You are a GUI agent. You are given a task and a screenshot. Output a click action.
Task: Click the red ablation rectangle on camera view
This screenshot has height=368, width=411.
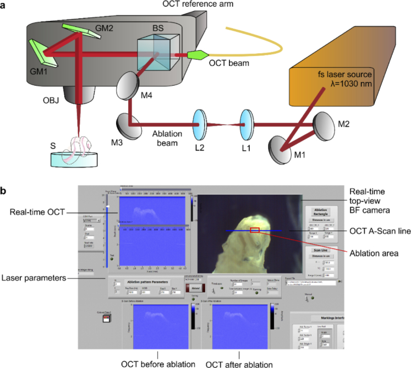(255, 230)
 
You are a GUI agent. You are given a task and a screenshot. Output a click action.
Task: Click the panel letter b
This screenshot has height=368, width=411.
(4, 190)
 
